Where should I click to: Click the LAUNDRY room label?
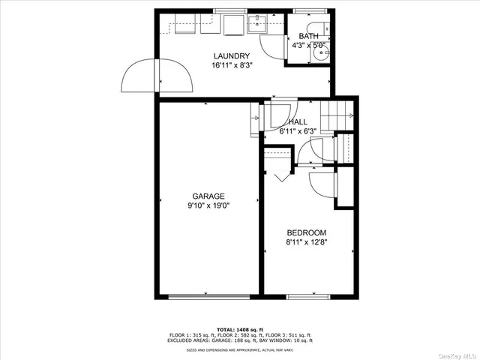point(231,56)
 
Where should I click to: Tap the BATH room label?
point(308,37)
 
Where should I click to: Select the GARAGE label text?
point(208,196)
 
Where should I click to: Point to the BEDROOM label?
point(306,233)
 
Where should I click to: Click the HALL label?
point(297,122)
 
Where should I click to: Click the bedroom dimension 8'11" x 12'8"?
point(306,242)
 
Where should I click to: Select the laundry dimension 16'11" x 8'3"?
point(231,65)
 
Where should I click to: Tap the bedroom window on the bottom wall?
point(308,297)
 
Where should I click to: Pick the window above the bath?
point(304,10)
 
